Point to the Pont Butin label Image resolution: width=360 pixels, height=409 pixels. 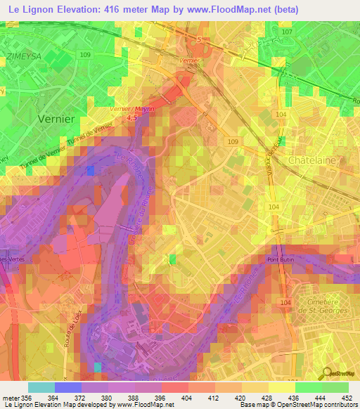(282, 259)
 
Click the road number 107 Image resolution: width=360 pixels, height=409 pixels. (285, 32)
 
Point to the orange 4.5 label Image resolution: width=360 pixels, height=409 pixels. (131, 118)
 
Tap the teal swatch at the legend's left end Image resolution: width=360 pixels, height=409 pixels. (41, 387)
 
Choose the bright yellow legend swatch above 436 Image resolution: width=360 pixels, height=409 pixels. (281, 387)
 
